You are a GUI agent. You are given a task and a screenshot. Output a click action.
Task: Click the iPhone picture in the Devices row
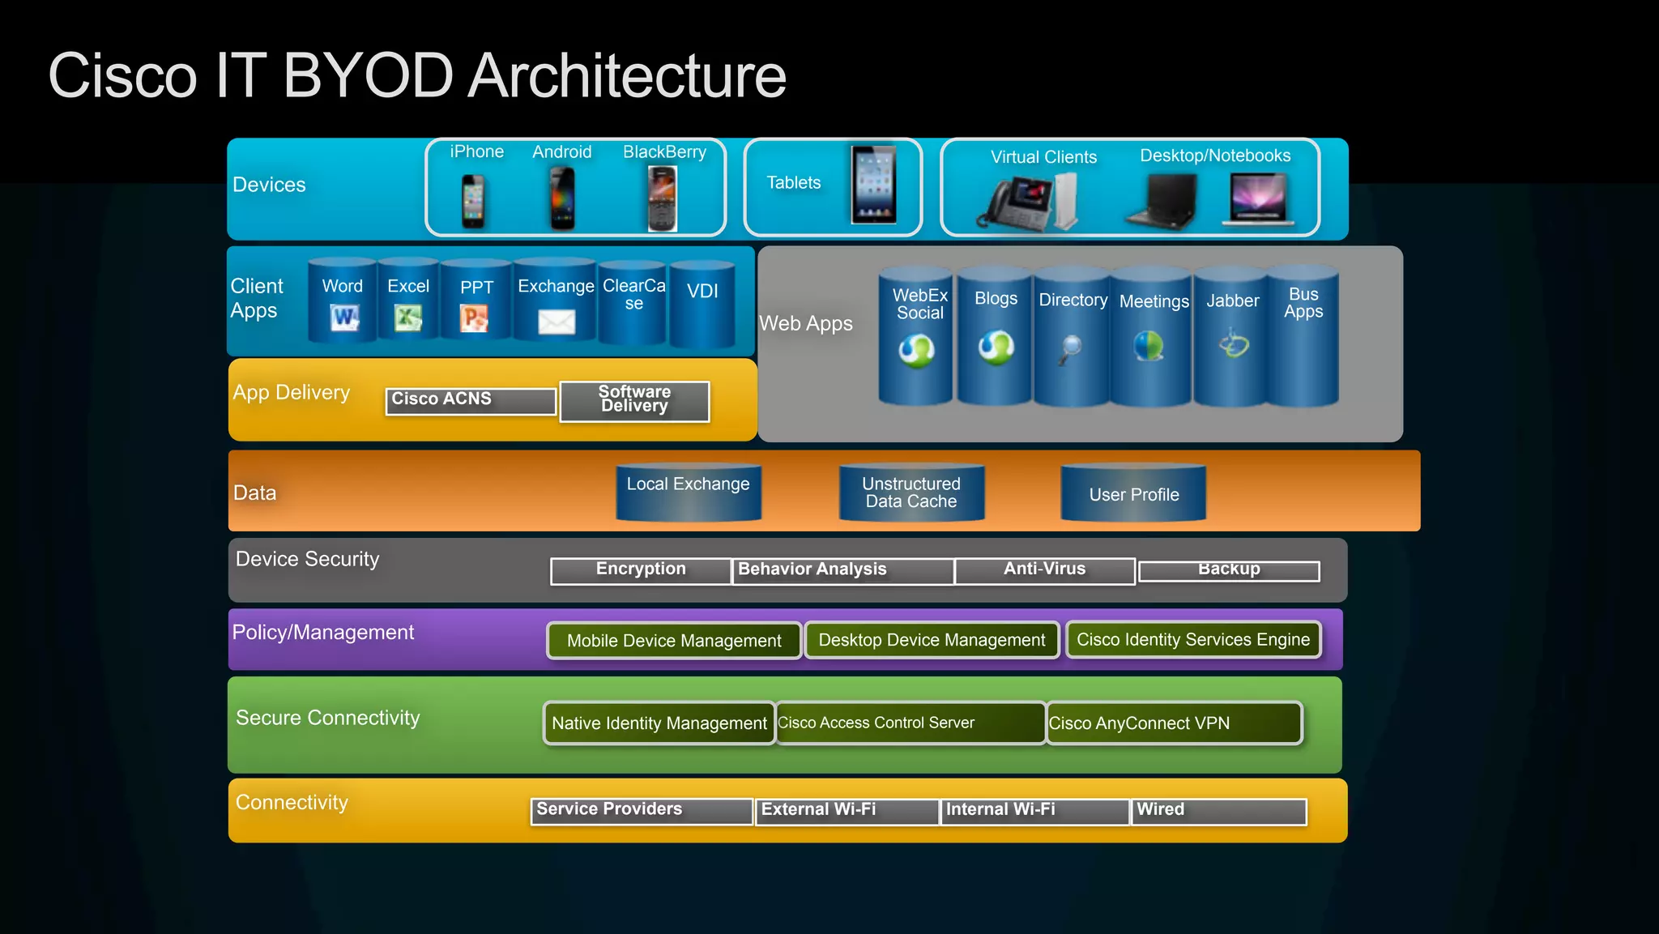click(x=473, y=202)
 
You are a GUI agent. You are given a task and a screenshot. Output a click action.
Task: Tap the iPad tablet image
click(x=873, y=185)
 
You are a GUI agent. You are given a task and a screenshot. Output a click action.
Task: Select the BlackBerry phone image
click(x=662, y=199)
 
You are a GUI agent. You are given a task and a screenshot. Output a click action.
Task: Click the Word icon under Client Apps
click(x=344, y=318)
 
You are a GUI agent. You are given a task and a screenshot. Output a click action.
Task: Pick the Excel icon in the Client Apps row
click(x=407, y=318)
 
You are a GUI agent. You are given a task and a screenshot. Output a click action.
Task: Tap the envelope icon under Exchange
click(x=557, y=322)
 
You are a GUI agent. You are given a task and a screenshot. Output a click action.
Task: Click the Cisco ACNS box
click(x=471, y=400)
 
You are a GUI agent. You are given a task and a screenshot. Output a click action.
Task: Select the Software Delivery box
click(x=634, y=400)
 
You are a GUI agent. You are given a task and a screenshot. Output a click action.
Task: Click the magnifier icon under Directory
click(x=1070, y=349)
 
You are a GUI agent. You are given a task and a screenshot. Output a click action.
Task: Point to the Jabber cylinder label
click(x=1232, y=301)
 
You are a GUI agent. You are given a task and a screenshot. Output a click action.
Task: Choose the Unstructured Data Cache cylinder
click(x=911, y=493)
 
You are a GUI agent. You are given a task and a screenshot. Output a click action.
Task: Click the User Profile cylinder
click(x=1133, y=494)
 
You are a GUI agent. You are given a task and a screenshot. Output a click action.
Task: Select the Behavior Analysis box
click(x=842, y=570)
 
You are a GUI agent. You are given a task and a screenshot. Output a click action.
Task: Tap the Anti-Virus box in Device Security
click(x=1044, y=570)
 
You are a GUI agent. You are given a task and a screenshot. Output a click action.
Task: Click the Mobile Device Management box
click(x=674, y=641)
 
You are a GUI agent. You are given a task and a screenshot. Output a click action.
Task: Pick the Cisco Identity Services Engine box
click(x=1193, y=640)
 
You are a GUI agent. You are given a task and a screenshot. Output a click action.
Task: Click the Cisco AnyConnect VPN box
click(x=1174, y=723)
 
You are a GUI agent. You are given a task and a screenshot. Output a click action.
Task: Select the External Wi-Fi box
click(x=847, y=811)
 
